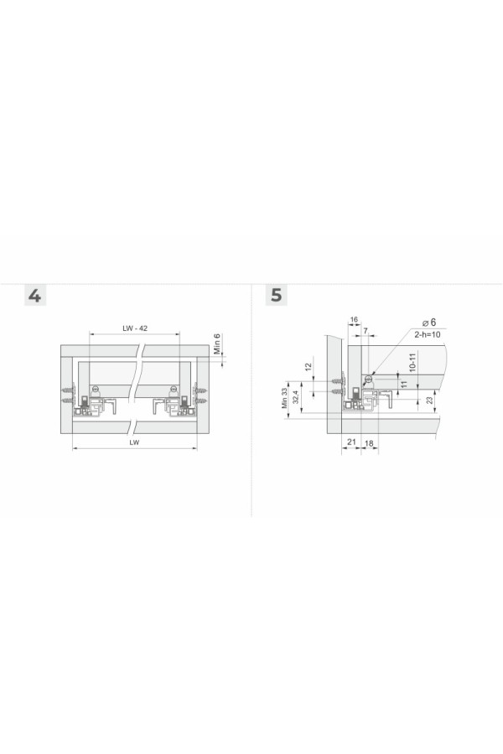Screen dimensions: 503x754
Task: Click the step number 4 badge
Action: click(35, 295)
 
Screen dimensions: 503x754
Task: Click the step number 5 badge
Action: click(277, 295)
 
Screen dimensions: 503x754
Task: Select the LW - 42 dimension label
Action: click(135, 328)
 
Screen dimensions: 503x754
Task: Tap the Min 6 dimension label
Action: click(217, 343)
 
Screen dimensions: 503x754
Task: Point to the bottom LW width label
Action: click(134, 442)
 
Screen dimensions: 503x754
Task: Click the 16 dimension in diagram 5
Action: click(354, 319)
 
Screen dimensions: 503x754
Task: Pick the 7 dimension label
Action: click(366, 331)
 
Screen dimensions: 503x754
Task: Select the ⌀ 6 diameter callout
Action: click(429, 323)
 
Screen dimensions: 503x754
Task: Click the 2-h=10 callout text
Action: click(428, 333)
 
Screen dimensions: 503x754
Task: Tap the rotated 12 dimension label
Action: click(309, 366)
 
